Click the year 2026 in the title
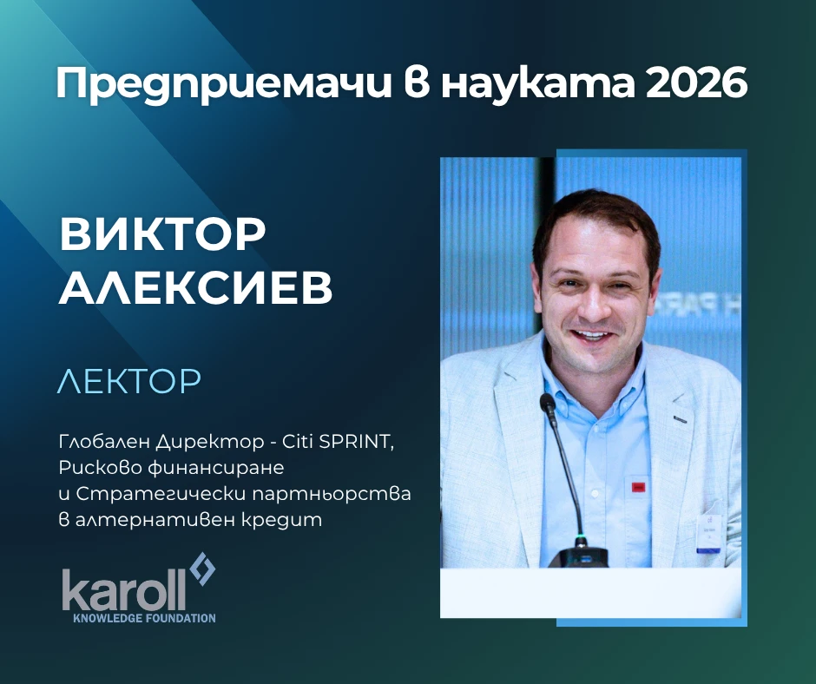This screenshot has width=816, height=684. coord(696,82)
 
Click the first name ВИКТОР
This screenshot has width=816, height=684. coord(162,233)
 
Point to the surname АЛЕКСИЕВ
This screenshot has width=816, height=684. coord(195,287)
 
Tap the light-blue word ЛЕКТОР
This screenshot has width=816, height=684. coord(129,381)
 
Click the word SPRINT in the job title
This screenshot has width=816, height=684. coord(357,443)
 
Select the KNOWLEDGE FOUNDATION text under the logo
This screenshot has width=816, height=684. coord(145,618)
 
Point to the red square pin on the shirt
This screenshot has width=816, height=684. coord(638,487)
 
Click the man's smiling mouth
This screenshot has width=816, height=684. coord(590,335)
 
